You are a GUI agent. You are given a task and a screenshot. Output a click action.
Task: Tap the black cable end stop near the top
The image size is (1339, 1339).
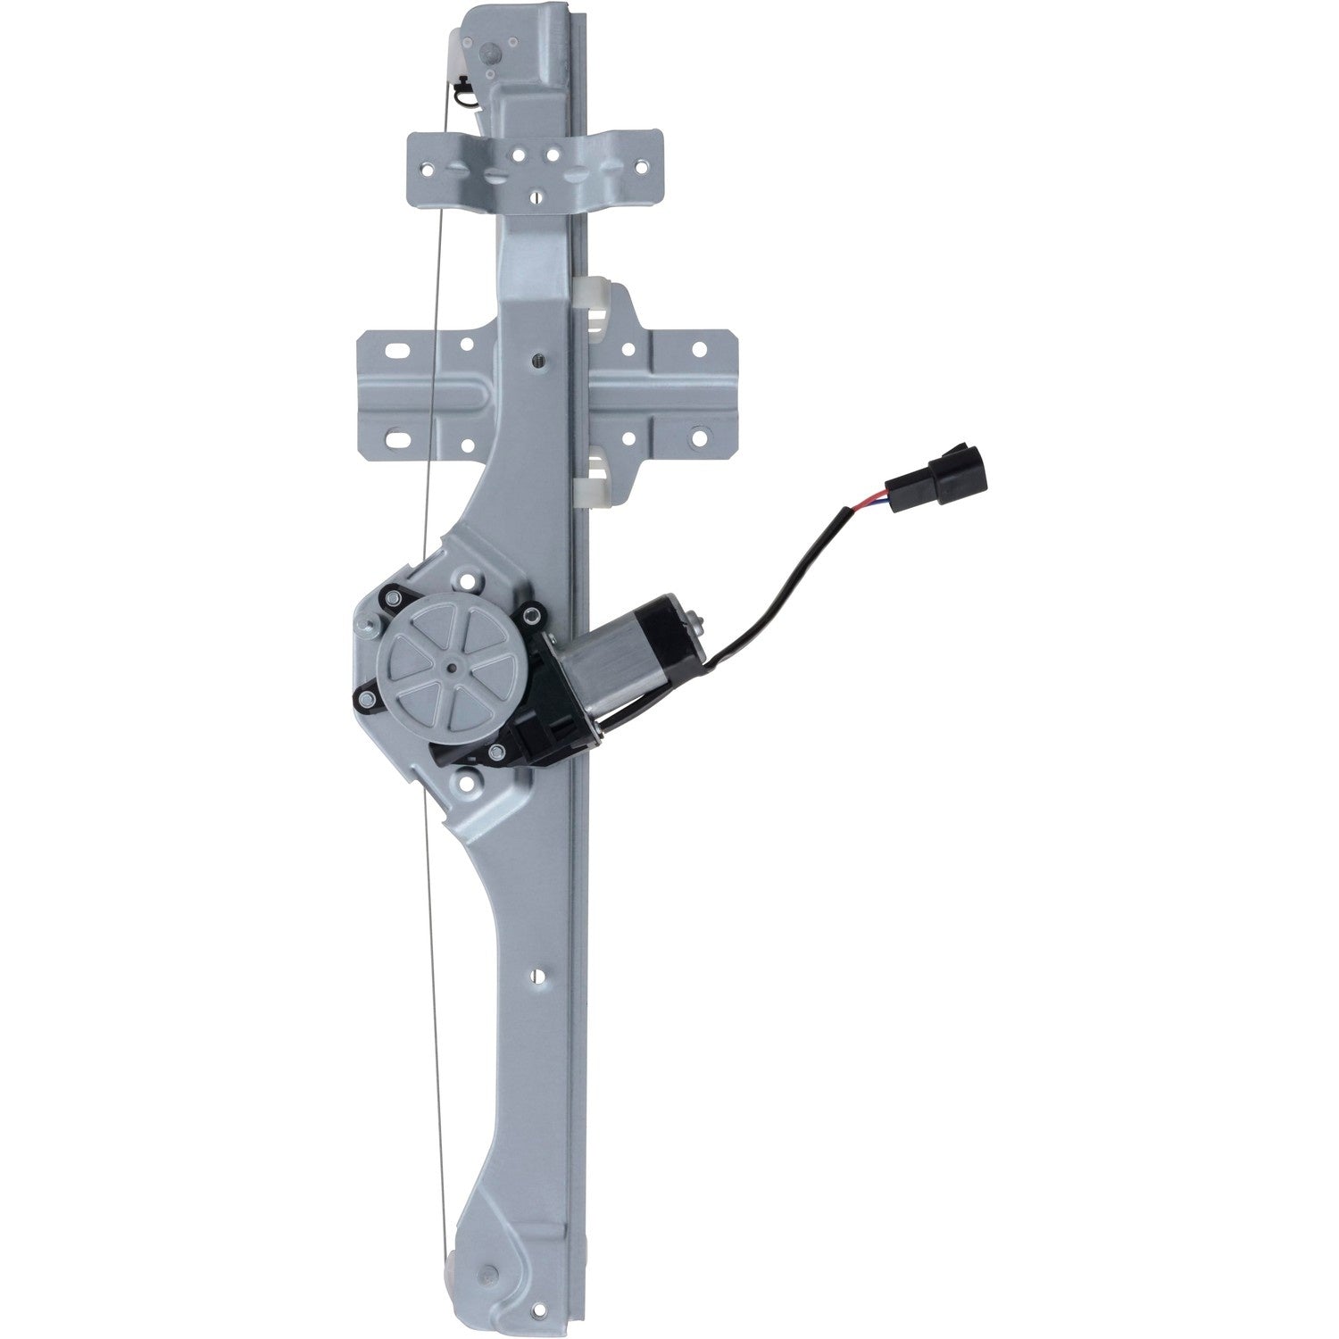pyautogui.click(x=466, y=90)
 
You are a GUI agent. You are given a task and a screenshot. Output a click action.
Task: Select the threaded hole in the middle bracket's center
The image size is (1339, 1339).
pyautogui.click(x=536, y=360)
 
